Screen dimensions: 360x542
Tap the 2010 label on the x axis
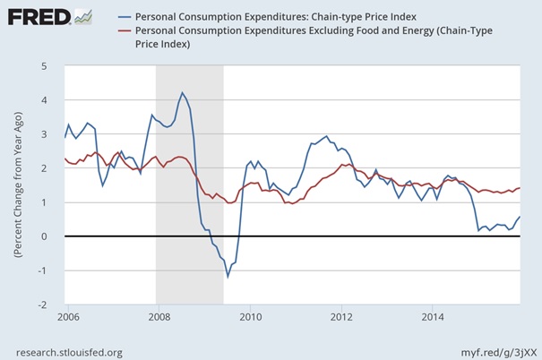250,317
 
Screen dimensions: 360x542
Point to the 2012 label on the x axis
341,317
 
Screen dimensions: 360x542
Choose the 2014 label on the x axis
433,317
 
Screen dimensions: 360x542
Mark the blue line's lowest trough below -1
228,276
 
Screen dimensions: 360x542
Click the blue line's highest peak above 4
182,93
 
